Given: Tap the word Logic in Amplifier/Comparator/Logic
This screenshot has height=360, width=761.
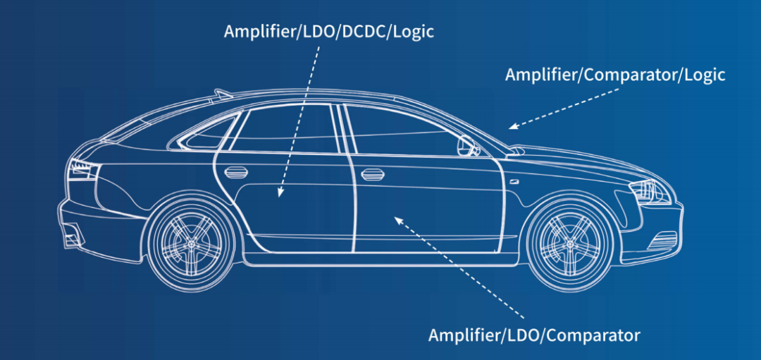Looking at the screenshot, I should tap(705, 75).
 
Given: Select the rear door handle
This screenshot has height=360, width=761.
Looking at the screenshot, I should tap(236, 171).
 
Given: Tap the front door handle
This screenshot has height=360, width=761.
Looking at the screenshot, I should tap(370, 174).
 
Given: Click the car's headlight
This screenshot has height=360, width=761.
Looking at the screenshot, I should tap(648, 190).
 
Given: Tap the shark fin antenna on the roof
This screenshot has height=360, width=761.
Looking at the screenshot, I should tap(224, 92).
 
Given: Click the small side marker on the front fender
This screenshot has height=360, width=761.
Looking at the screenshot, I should tap(515, 181).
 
